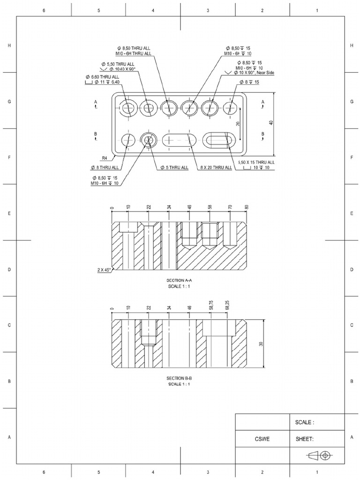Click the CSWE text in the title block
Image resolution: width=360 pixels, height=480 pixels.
(262, 439)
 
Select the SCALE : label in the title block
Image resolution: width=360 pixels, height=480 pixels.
(304, 422)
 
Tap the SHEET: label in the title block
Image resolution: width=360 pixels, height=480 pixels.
(305, 439)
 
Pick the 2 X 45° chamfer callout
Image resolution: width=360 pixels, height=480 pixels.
(104, 270)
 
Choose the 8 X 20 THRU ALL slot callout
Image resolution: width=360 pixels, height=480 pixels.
(216, 167)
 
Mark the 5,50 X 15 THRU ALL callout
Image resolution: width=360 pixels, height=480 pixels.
(256, 162)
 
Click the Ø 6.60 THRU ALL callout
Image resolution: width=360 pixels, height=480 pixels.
(102, 76)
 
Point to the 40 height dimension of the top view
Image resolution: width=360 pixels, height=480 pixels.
(271, 123)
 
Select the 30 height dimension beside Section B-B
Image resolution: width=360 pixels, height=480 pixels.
(261, 344)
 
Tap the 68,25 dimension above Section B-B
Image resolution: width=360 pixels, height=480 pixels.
(227, 306)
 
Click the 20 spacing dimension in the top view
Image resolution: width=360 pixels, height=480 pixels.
(238, 124)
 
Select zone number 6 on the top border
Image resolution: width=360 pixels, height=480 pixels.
(44, 10)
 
